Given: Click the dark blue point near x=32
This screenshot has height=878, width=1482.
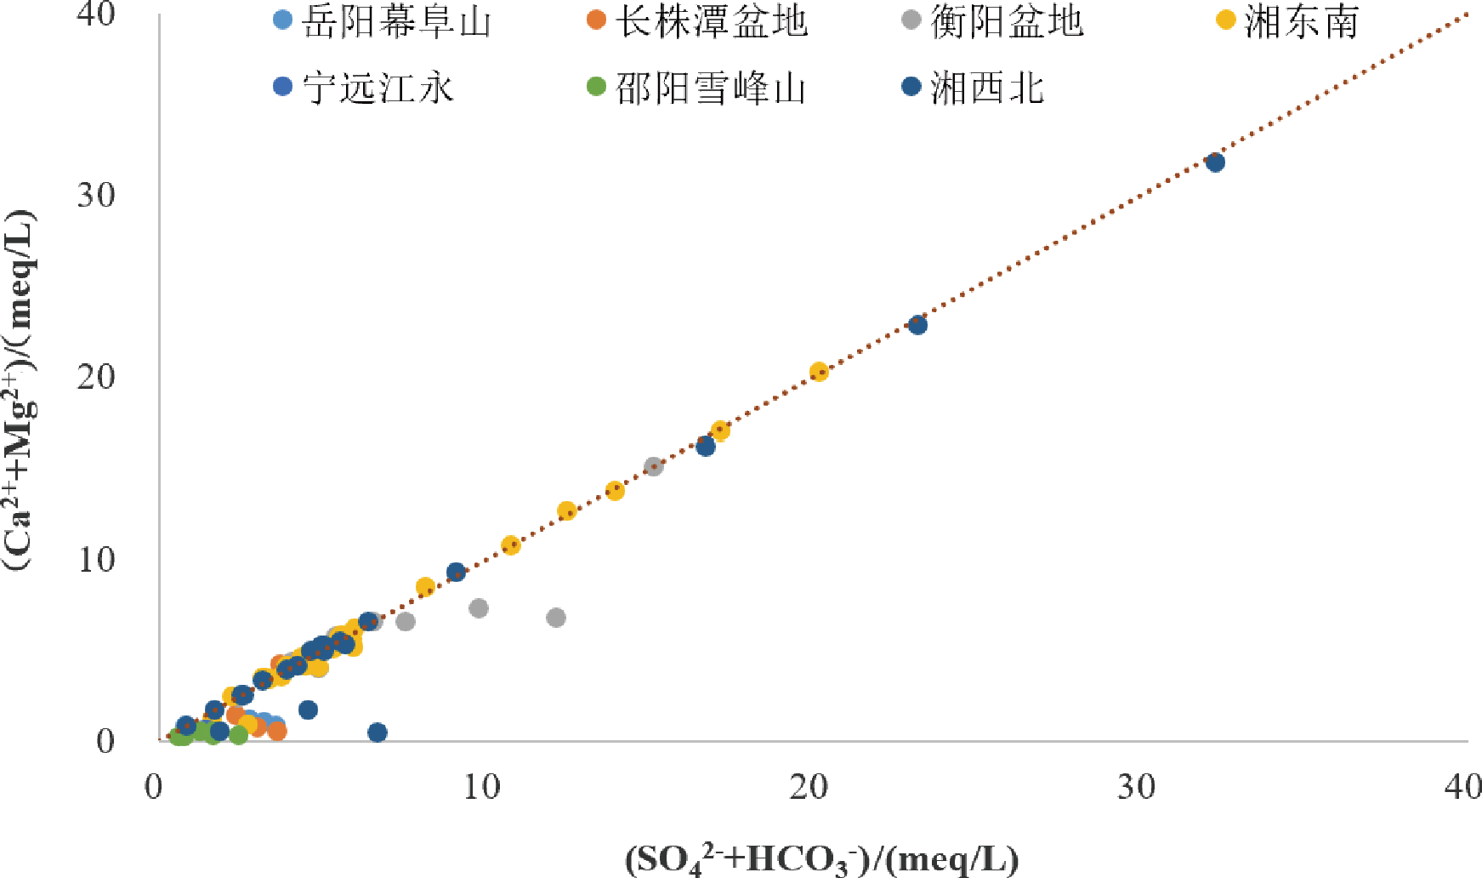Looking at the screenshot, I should [x=1215, y=162].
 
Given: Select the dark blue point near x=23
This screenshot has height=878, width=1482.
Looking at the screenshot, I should [x=917, y=324].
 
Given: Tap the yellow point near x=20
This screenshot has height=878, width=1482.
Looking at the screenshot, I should [x=818, y=371].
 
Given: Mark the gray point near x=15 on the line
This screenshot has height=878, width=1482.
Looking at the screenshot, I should [x=653, y=466].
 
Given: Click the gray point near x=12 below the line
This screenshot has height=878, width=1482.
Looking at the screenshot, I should [x=556, y=617].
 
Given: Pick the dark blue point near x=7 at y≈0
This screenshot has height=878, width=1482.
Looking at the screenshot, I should [x=378, y=732].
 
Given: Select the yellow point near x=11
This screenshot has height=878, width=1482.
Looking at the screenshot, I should [x=510, y=545].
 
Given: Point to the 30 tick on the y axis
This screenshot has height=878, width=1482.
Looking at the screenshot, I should [x=96, y=195].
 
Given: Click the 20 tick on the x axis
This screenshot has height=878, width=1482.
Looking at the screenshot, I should [x=808, y=787].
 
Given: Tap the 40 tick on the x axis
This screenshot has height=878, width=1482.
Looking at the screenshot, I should [x=1462, y=787].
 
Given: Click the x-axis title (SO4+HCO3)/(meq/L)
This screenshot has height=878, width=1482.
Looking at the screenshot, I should [x=821, y=859].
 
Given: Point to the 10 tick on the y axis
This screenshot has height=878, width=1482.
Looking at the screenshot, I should [x=96, y=559].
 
